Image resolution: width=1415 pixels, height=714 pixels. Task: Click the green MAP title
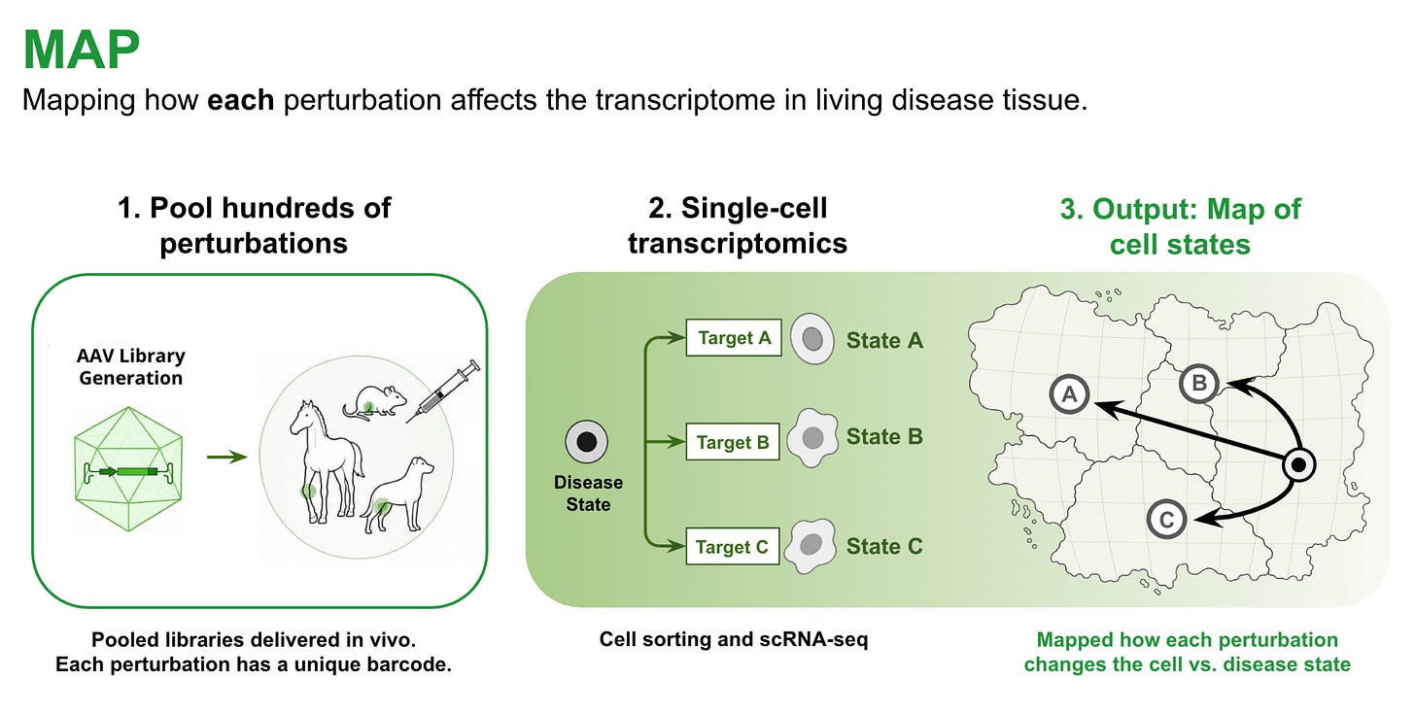point(81,50)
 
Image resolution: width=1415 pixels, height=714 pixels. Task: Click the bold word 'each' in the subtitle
point(241,100)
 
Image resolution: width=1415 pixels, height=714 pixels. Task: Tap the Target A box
point(734,338)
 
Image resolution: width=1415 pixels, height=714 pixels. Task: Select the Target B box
point(733,442)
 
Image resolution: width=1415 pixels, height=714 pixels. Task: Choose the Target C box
point(732,546)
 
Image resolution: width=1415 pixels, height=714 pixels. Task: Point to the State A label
point(884,340)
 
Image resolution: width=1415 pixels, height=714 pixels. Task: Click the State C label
point(884,546)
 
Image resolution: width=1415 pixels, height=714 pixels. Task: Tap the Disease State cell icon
point(586,441)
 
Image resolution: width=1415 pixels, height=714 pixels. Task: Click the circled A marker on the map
point(1069,394)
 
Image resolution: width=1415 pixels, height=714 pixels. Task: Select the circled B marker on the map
point(1199,383)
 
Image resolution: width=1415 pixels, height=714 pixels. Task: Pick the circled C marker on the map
point(1166,519)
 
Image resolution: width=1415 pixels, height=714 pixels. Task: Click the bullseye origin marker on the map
point(1298,465)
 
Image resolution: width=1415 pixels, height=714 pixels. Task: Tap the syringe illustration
point(443,391)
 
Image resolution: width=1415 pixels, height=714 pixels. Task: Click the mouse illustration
point(374,402)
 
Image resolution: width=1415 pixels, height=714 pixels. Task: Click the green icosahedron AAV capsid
point(128,469)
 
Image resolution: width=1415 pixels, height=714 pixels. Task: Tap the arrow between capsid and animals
point(226,457)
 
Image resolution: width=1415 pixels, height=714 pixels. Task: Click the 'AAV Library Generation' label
point(131,367)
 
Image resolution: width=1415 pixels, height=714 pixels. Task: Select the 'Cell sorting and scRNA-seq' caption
point(734,639)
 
